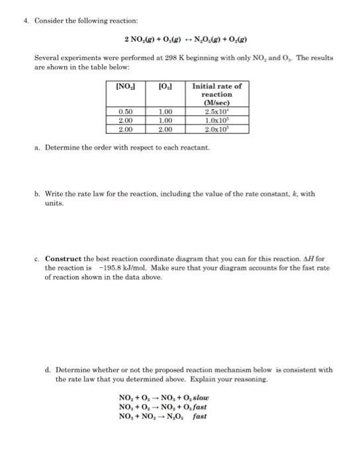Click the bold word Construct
point(64,258)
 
